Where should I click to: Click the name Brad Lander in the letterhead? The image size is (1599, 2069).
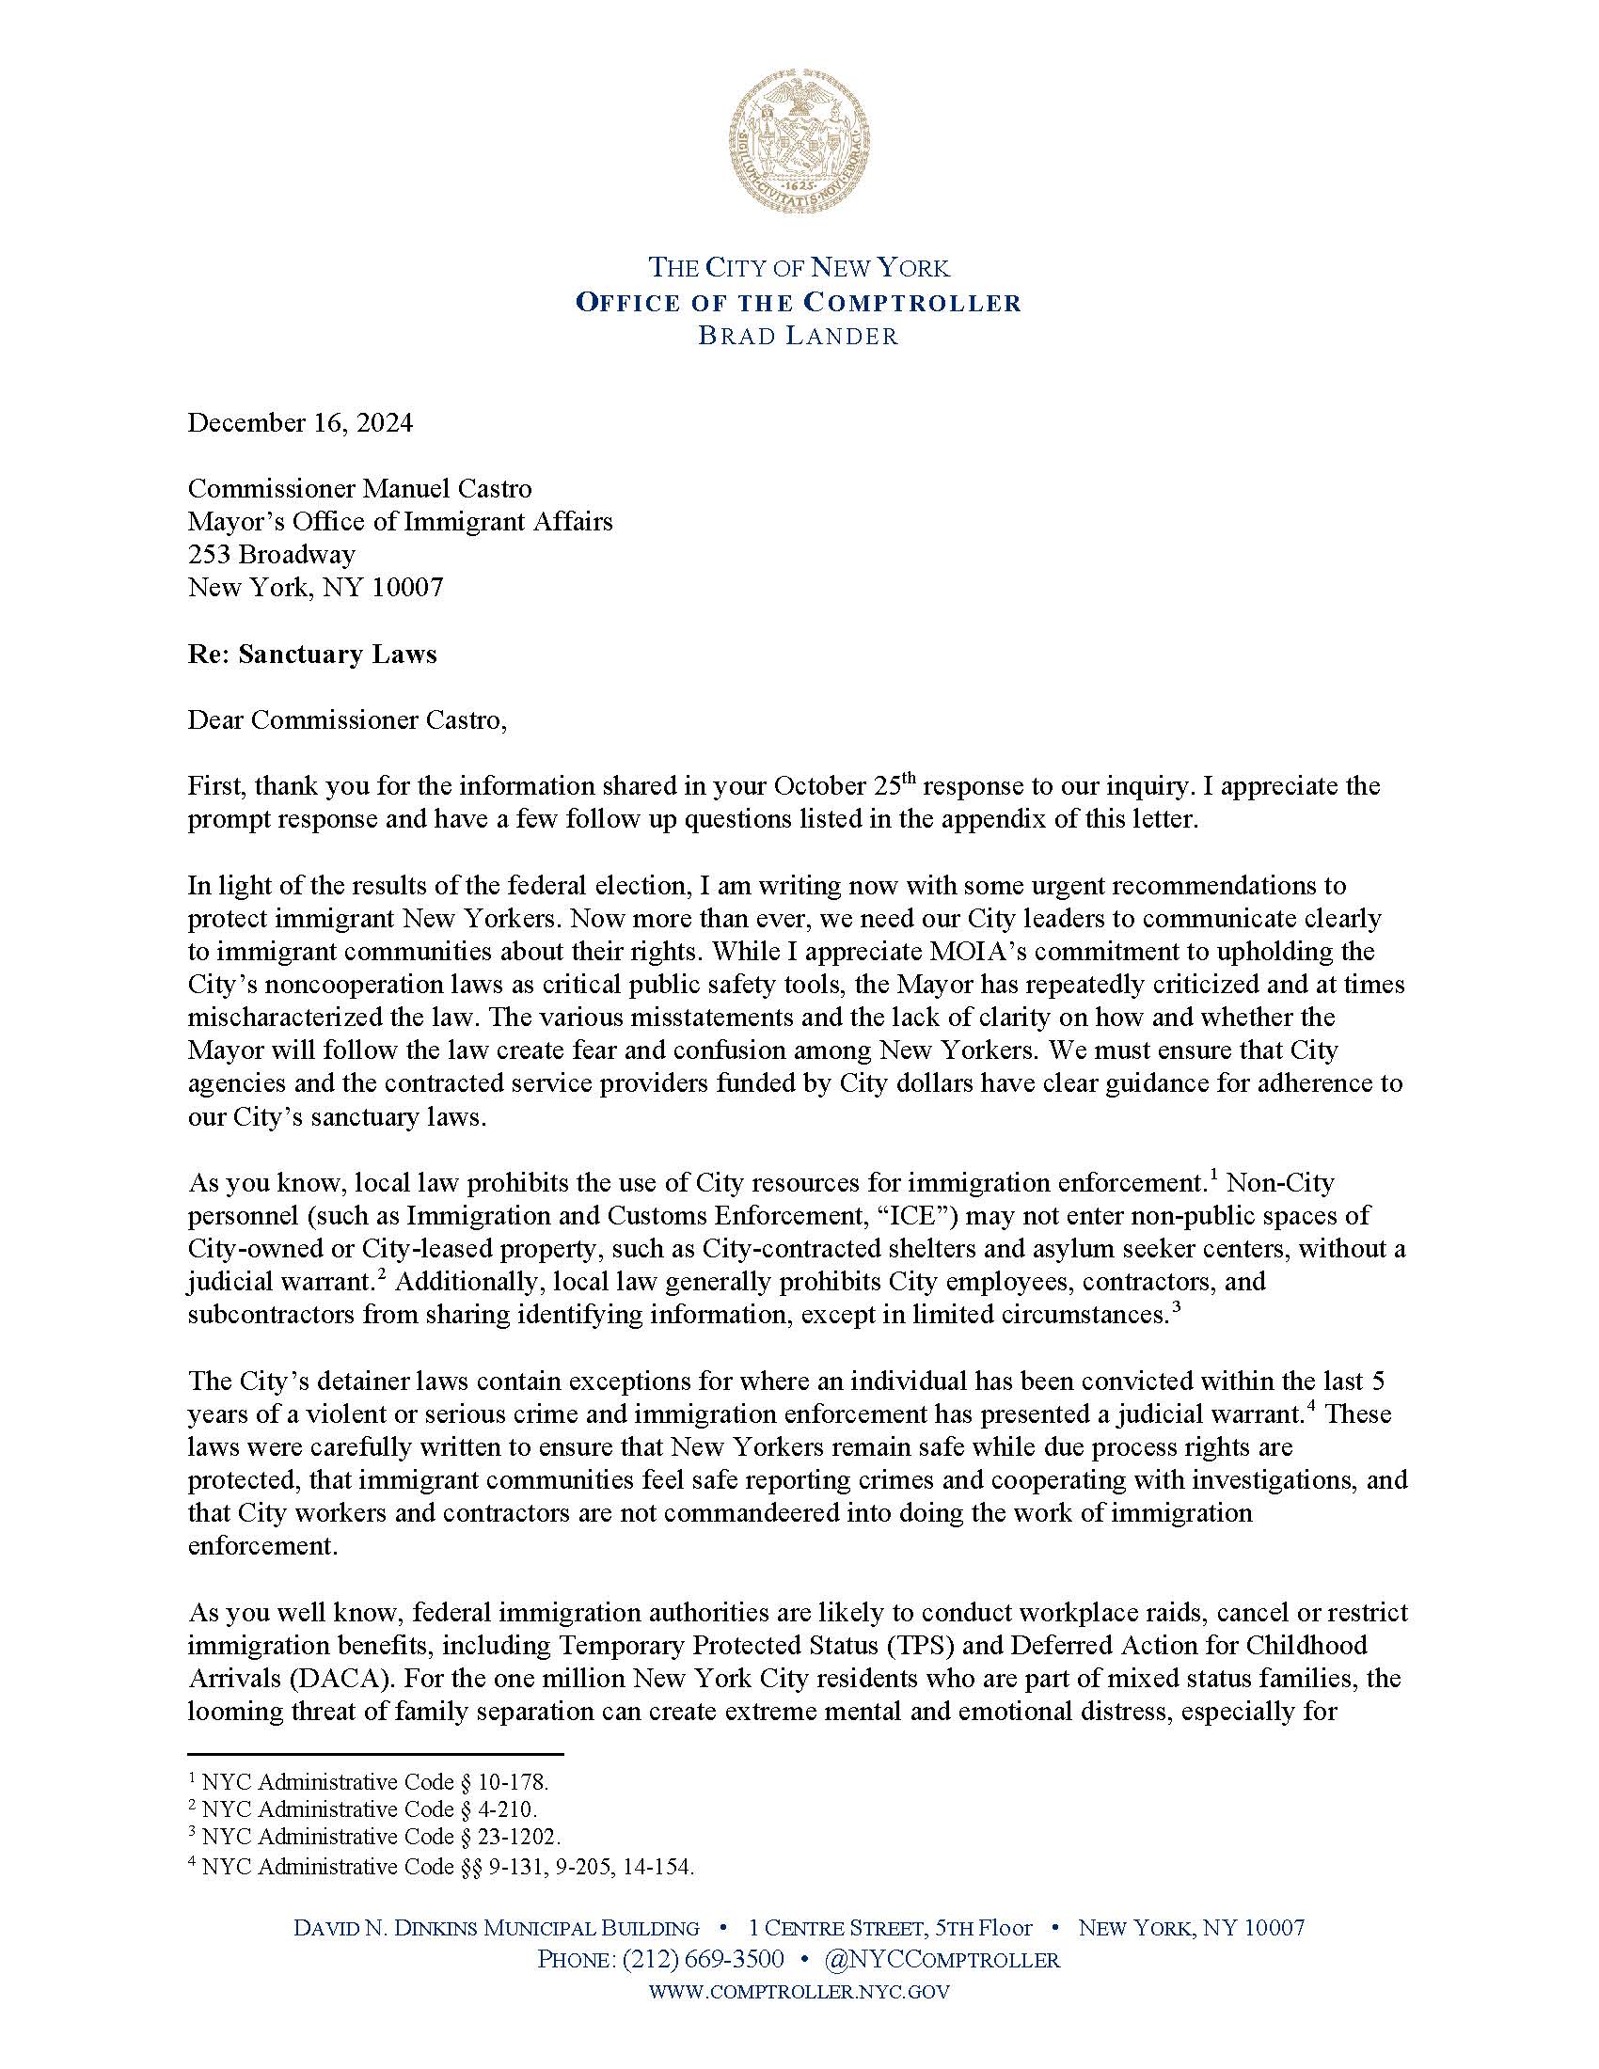799,336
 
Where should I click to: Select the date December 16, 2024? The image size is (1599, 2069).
299,422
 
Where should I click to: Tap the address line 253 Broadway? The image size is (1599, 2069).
271,553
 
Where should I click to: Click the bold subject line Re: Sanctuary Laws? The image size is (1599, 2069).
311,654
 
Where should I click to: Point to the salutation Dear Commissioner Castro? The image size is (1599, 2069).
347,720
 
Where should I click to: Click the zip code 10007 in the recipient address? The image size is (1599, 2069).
409,588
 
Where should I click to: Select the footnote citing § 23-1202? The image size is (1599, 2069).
375,1837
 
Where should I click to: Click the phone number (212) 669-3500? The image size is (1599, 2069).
702,1958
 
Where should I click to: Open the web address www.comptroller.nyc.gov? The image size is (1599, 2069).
799,1991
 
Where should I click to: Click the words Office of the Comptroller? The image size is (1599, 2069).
799,302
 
